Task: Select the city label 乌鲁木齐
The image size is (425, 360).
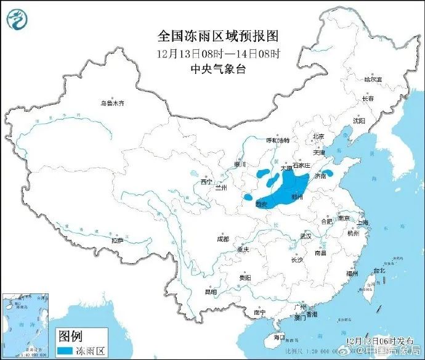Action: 113,103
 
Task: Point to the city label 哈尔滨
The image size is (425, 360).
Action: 373,80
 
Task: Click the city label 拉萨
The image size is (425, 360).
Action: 117,240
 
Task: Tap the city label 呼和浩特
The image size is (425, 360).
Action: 277,141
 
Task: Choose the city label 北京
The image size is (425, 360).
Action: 318,136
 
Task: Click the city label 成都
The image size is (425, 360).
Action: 222,239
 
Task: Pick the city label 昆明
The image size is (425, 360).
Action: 211,292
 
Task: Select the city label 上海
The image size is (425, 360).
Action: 363,223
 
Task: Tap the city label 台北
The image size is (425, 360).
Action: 378,270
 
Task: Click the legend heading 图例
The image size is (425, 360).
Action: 70,336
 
